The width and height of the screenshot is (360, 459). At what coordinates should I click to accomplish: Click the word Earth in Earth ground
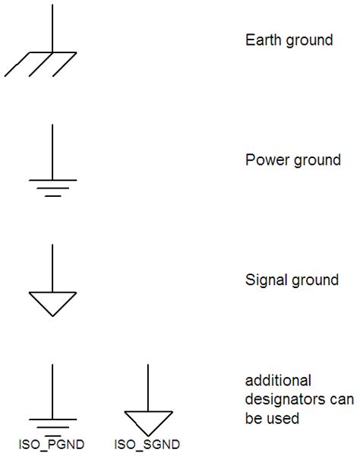click(262, 40)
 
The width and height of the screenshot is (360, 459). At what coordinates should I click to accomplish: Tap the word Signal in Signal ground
click(264, 280)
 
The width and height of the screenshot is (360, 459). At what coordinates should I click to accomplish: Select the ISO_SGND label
click(149, 443)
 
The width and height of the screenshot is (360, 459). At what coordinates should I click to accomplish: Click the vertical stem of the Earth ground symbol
click(52, 27)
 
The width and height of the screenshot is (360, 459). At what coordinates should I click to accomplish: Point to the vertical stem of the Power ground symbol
click(52, 152)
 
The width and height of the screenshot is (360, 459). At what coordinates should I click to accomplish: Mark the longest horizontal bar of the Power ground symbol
click(52, 181)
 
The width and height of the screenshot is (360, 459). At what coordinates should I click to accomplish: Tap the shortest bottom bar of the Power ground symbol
click(52, 196)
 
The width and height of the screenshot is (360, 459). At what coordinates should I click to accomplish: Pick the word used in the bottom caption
click(286, 418)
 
